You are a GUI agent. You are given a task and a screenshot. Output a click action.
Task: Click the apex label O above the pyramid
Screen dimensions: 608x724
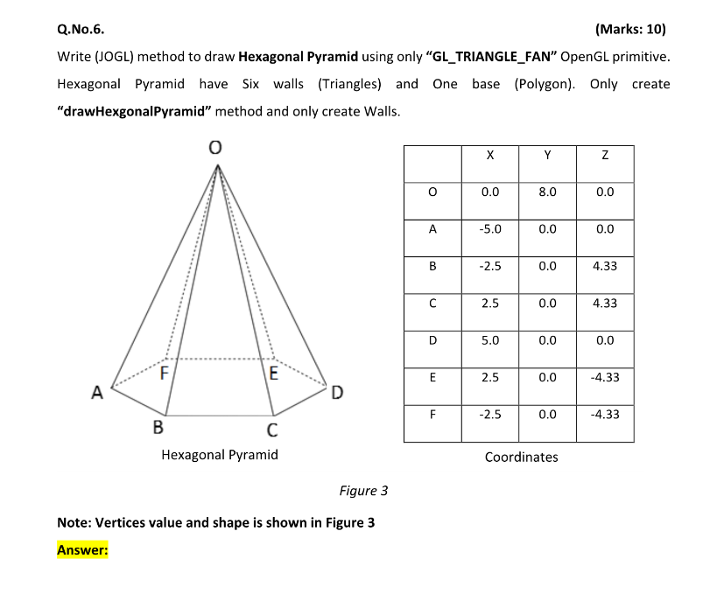[x=214, y=150]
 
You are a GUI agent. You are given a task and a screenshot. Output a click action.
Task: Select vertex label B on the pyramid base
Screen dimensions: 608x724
[x=158, y=428]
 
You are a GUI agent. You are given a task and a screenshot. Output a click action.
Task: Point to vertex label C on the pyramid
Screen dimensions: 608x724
[x=272, y=430]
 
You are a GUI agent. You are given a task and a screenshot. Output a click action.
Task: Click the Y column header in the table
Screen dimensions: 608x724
[x=547, y=155]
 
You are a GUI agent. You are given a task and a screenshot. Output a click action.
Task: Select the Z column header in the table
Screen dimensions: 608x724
[x=604, y=155]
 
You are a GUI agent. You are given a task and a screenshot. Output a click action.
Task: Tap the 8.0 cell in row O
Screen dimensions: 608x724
[x=547, y=192]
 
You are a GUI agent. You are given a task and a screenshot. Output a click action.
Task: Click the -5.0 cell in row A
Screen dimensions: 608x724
[x=490, y=229]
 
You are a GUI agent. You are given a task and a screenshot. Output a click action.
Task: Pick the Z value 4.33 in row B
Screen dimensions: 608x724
[x=604, y=266]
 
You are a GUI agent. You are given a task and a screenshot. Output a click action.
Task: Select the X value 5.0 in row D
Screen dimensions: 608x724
[x=490, y=340]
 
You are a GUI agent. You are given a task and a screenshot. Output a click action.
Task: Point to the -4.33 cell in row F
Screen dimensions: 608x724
[x=604, y=414]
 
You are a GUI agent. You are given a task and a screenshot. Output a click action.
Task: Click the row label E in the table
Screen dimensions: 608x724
[x=432, y=377]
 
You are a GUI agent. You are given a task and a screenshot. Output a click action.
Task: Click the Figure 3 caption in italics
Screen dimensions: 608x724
[x=363, y=491]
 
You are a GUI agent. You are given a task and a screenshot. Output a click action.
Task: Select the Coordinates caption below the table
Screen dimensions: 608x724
[x=521, y=457]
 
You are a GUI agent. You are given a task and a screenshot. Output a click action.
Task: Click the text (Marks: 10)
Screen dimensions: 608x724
[x=629, y=29]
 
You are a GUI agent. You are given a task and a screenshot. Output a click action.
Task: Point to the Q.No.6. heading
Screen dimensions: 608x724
[x=81, y=29]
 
